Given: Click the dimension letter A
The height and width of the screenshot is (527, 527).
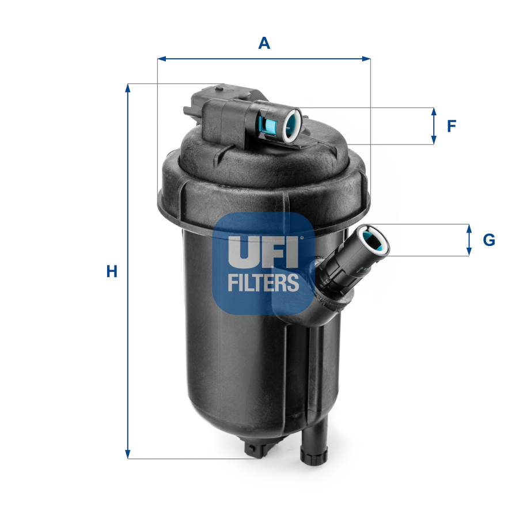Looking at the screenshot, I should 264,43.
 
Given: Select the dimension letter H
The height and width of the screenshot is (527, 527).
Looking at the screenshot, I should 112,271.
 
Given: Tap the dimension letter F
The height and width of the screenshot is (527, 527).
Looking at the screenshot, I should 452,126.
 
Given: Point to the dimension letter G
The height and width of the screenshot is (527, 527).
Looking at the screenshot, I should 488,240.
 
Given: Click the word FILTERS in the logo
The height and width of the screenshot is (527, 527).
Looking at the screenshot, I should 263,282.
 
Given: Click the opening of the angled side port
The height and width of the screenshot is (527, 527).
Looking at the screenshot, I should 373,240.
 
